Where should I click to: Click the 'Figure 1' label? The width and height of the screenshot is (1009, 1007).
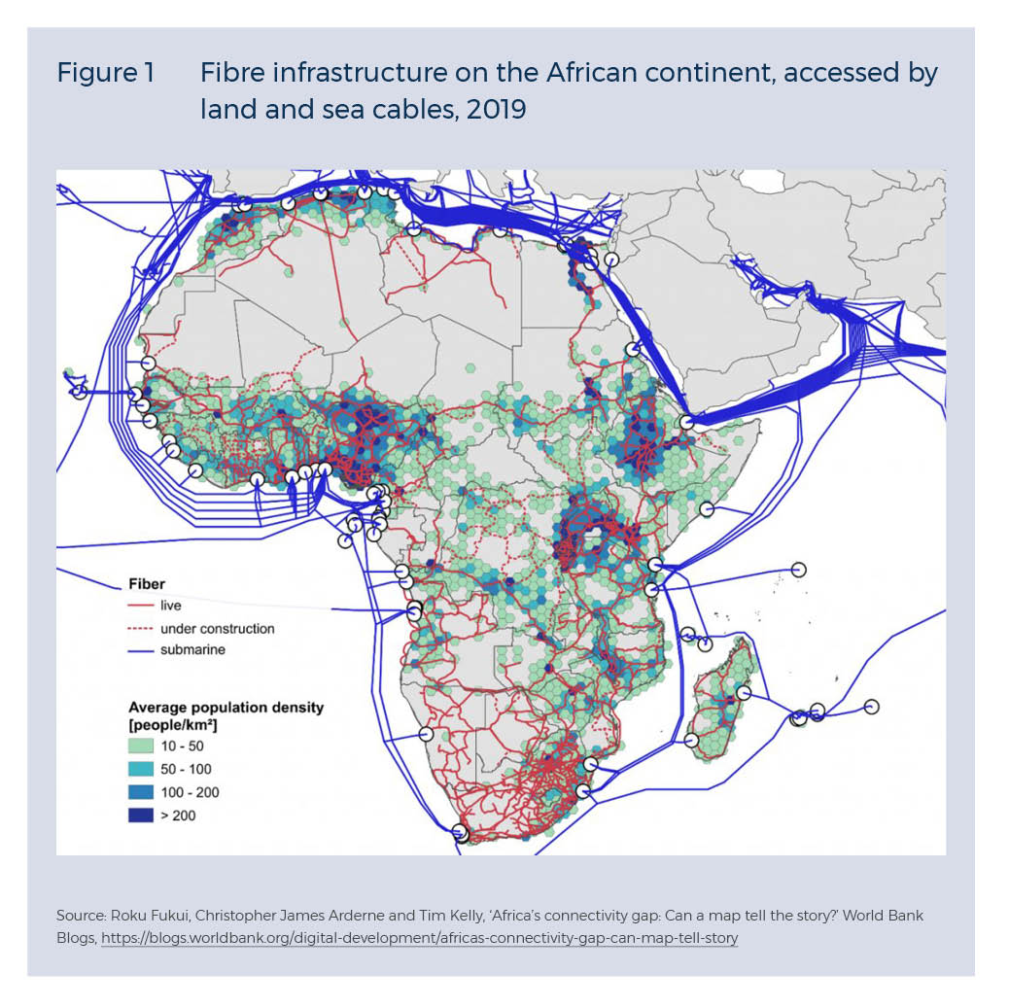point(105,74)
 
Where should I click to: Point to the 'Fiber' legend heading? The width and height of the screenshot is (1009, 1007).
point(146,585)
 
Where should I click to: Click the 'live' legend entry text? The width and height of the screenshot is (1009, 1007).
point(170,606)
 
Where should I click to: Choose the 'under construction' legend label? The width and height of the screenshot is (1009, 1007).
point(217,629)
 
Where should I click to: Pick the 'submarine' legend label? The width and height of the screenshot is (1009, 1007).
point(192,650)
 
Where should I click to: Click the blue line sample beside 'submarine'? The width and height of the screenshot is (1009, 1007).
point(140,650)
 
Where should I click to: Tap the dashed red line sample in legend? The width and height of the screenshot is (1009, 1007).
point(140,629)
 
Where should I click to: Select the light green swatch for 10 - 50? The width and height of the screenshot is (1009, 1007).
point(141,747)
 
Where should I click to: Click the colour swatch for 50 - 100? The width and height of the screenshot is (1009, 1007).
point(141,769)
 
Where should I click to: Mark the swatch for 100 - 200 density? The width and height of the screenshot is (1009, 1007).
point(141,792)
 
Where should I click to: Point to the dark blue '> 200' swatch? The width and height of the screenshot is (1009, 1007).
point(141,816)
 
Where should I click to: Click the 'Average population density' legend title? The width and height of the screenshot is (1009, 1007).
point(226,707)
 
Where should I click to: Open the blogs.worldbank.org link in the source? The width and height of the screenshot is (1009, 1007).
point(419,939)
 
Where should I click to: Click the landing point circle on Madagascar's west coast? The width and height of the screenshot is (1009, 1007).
point(691,740)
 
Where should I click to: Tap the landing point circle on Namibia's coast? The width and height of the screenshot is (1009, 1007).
point(425,735)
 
